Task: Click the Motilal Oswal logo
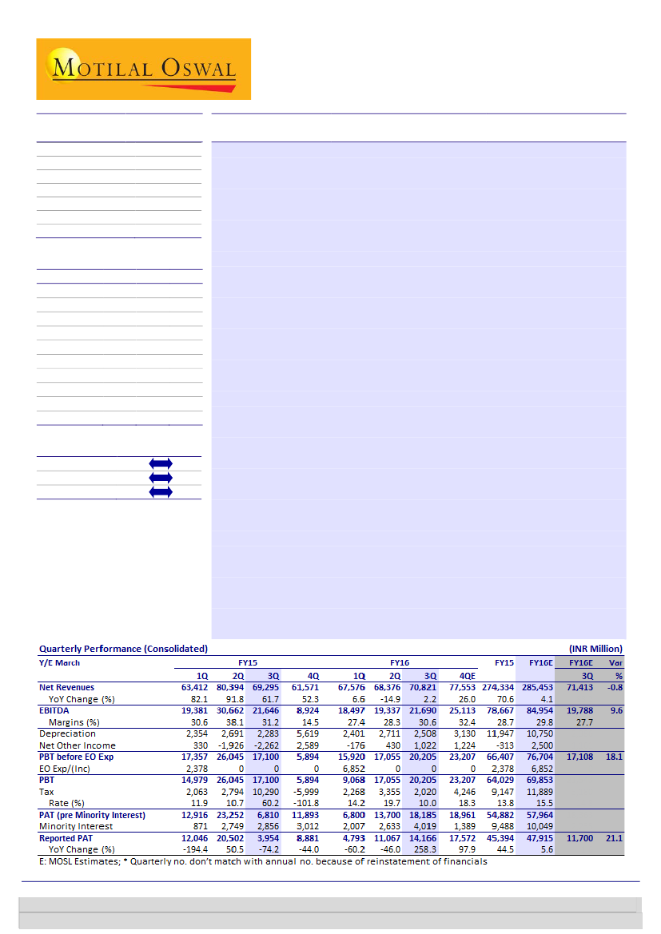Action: [144, 69]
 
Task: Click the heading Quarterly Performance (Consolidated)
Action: [123, 649]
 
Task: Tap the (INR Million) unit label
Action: [595, 649]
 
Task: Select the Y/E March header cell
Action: [60, 662]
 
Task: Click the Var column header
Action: [615, 662]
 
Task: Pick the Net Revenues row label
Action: [66, 687]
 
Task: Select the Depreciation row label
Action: [67, 733]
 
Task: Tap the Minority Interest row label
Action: [76, 826]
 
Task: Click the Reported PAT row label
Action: [69, 838]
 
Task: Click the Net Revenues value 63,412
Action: [189, 687]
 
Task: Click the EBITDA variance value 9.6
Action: [616, 710]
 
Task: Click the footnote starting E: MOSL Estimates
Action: [263, 861]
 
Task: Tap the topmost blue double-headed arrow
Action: [161, 463]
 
